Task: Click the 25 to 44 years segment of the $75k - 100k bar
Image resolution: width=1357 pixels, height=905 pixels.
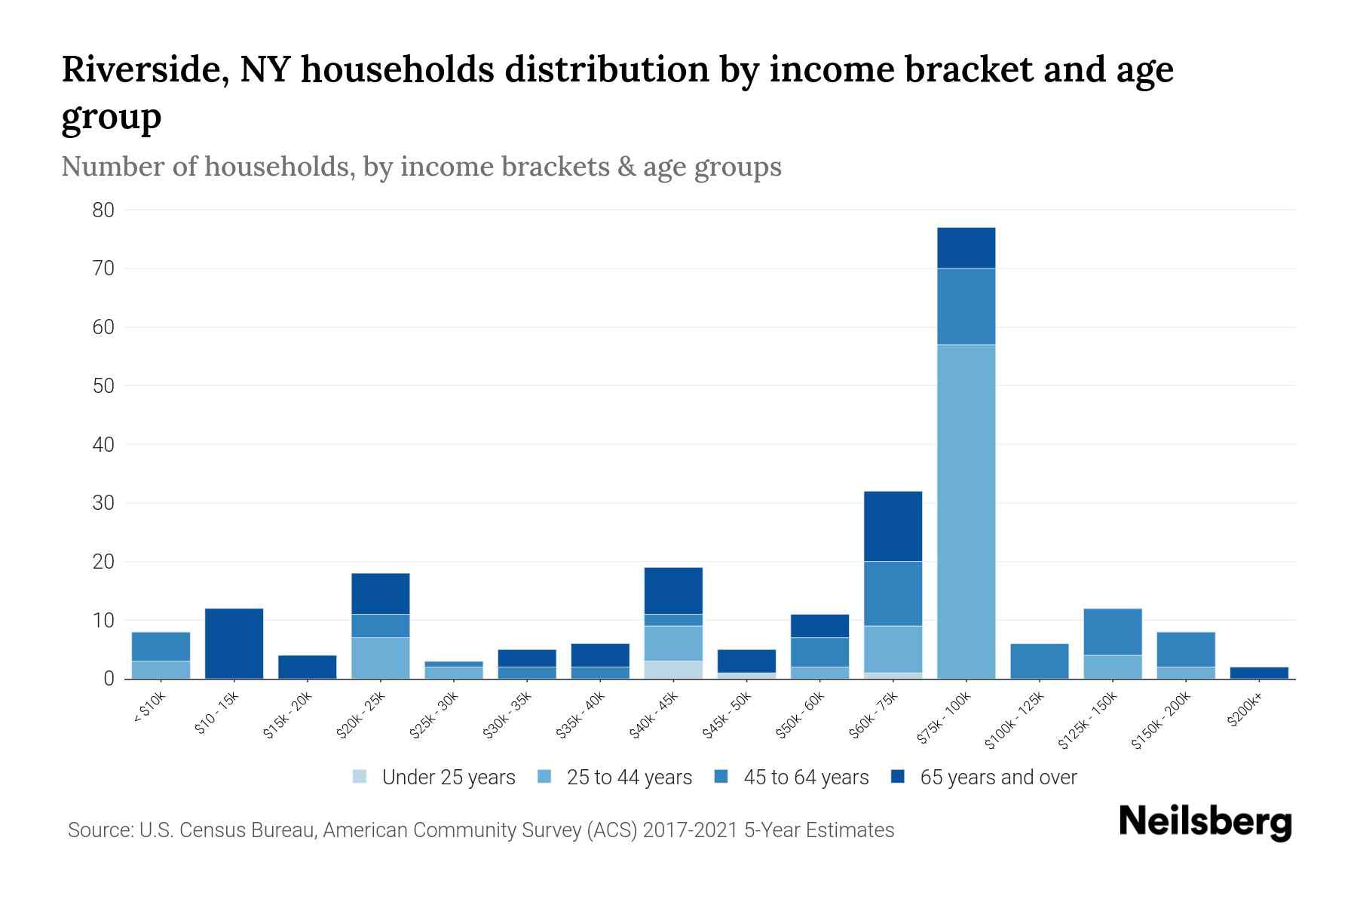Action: click(x=966, y=511)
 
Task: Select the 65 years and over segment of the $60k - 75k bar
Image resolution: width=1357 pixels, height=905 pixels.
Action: click(x=893, y=526)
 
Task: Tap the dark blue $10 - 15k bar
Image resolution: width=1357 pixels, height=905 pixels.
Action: click(x=234, y=643)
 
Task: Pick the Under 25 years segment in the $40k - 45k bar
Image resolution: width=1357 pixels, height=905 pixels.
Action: click(x=673, y=670)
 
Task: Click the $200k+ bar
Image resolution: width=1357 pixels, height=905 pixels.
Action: click(x=1258, y=673)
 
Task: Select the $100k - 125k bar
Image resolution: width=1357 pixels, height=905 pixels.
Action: click(x=1039, y=661)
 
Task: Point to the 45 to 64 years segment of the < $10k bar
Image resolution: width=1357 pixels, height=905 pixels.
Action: click(x=161, y=646)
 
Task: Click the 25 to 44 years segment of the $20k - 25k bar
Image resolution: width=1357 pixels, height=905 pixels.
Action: click(x=380, y=658)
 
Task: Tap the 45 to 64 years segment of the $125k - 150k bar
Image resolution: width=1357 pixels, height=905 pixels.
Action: click(x=1112, y=632)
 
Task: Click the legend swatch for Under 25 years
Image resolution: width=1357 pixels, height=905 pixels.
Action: click(x=360, y=777)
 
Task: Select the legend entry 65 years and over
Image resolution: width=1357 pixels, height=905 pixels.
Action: click(x=997, y=778)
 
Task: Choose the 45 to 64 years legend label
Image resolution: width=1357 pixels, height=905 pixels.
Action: click(x=805, y=778)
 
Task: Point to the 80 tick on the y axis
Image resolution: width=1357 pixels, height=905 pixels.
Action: click(x=103, y=210)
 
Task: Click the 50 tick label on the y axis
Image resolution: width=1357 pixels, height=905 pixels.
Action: click(x=103, y=386)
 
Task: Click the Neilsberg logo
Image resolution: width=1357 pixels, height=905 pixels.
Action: click(x=1205, y=822)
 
